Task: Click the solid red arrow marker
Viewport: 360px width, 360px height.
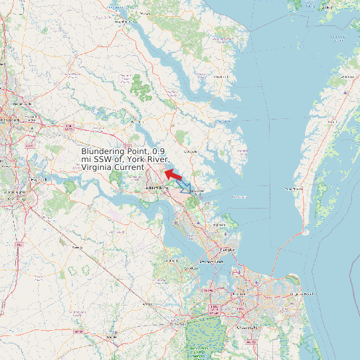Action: [x=174, y=175]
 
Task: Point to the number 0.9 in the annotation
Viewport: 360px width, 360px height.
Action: [x=159, y=151]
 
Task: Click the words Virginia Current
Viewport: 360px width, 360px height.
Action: [x=112, y=167]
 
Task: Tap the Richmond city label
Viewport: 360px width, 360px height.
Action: [x=11, y=120]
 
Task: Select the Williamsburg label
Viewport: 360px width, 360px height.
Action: [x=154, y=189]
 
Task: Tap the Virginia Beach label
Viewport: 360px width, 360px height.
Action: [x=302, y=293]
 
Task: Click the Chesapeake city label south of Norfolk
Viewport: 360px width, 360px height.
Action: [x=246, y=327]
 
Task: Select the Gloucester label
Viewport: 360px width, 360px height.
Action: [x=191, y=151]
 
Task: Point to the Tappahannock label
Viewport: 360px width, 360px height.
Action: [x=124, y=21]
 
